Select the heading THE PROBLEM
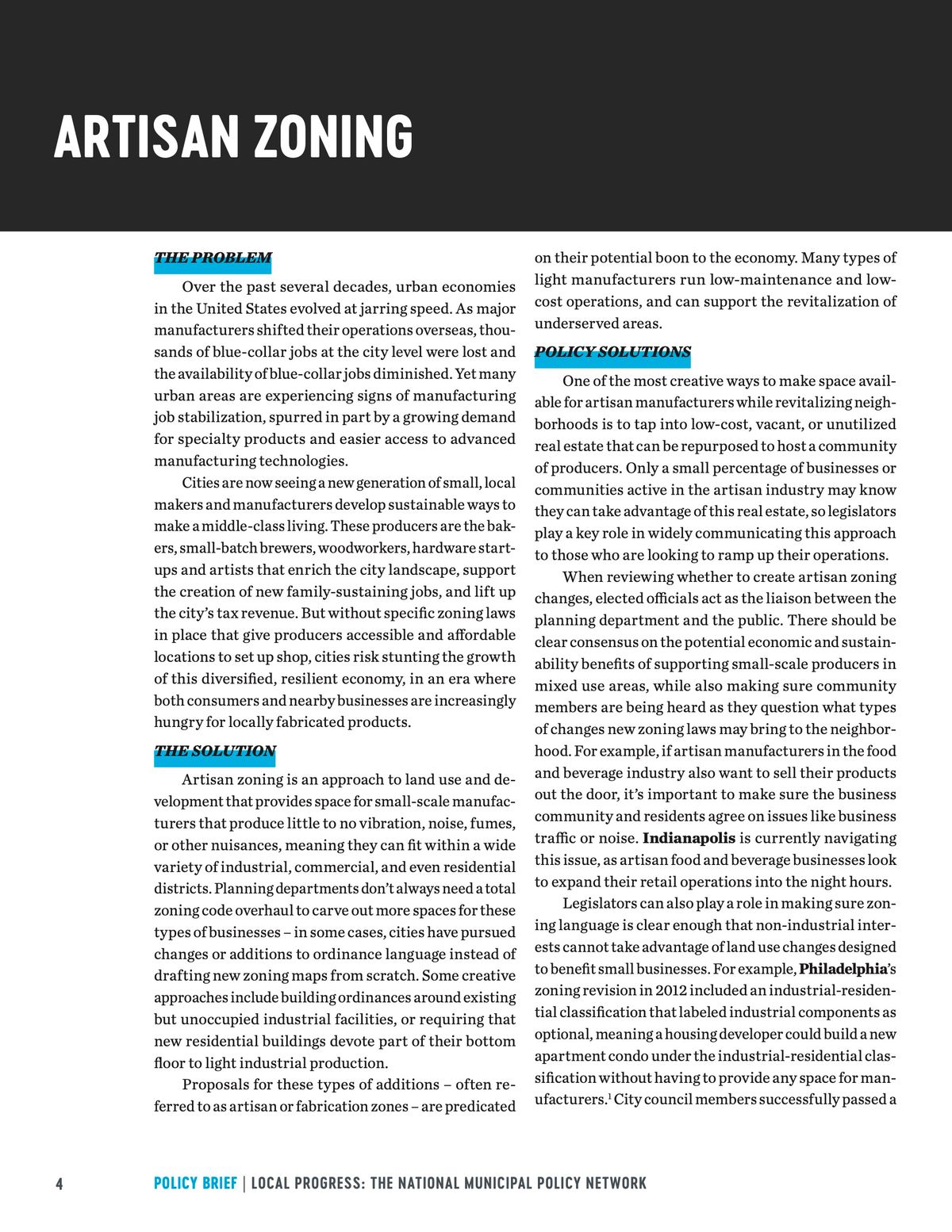point(213,258)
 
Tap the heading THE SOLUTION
point(215,751)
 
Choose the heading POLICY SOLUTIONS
point(612,352)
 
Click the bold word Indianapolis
point(689,838)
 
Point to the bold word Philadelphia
point(843,969)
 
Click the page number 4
point(59,1184)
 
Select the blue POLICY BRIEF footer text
point(195,1184)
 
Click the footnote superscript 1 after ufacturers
point(608,1096)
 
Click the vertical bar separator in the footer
point(244,1184)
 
